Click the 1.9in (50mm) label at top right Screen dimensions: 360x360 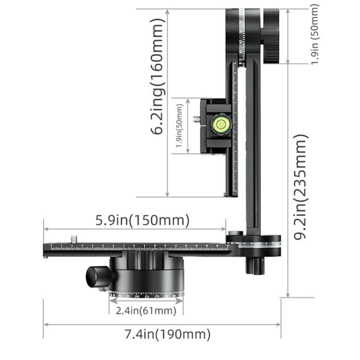click(x=314, y=35)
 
